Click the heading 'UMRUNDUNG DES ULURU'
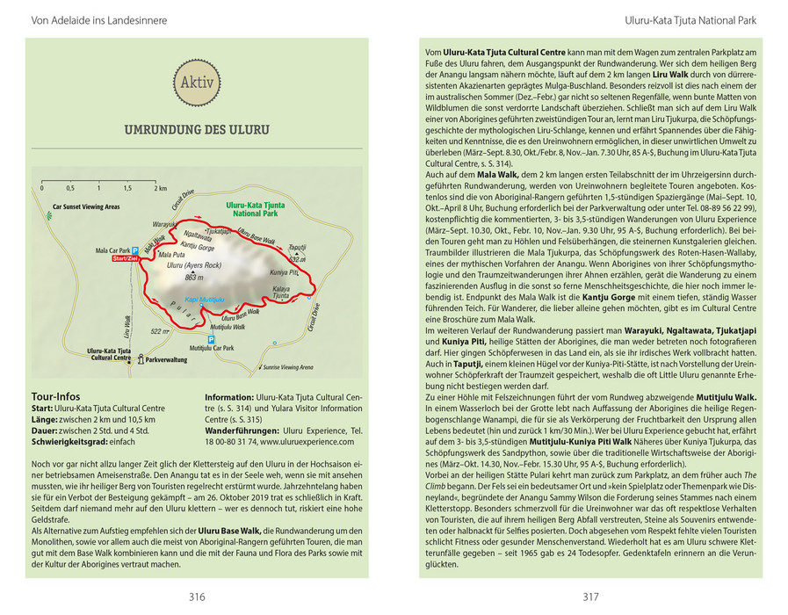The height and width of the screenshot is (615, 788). coord(197,131)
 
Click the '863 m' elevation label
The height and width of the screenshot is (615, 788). coord(194,278)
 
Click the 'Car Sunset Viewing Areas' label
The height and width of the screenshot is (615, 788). coord(85,208)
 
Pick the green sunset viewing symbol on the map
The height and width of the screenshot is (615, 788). coord(45,208)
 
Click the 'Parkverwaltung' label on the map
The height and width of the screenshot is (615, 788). coord(166,359)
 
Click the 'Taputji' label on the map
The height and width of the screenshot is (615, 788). coord(297,249)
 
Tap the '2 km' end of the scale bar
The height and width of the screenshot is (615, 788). coord(161,188)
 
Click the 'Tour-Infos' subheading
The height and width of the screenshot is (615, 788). coord(55,396)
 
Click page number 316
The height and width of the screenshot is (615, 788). coord(196,597)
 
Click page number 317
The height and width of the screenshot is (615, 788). coord(589,597)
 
